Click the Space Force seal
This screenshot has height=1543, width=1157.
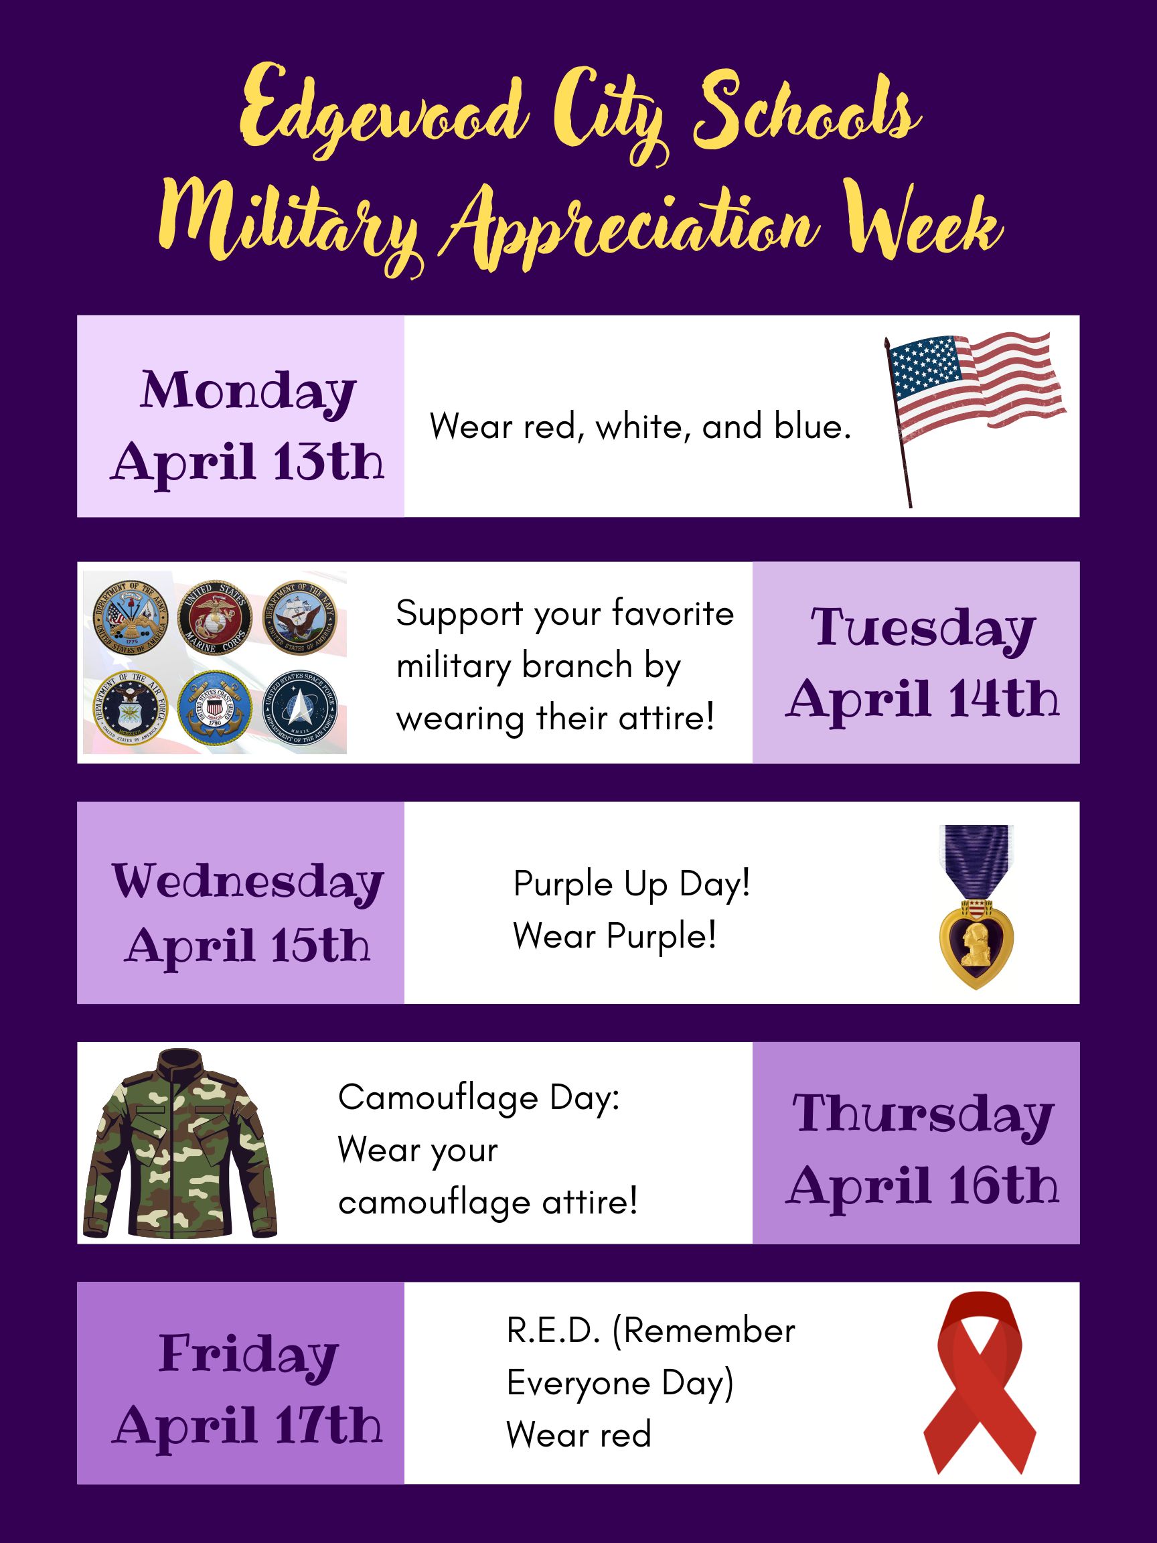tap(299, 708)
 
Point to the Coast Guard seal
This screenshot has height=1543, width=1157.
tap(214, 708)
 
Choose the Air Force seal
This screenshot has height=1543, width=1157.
tap(131, 708)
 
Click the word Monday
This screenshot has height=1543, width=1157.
tap(248, 392)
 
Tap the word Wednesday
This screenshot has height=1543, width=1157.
tap(248, 883)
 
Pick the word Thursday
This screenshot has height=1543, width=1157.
tap(923, 1114)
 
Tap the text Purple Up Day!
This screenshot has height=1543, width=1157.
tap(632, 885)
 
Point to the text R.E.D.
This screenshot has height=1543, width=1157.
tap(553, 1331)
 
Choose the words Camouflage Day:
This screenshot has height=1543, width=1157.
tap(479, 1098)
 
